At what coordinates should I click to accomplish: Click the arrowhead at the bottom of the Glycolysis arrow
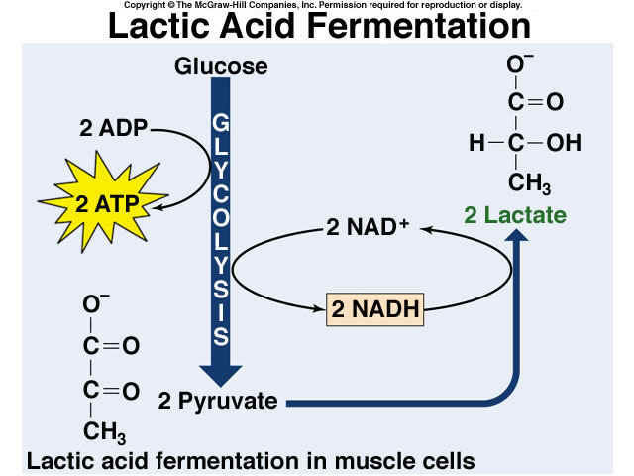click(220, 373)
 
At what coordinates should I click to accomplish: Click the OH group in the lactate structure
click(564, 143)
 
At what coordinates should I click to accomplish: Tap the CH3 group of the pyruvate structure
click(103, 431)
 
